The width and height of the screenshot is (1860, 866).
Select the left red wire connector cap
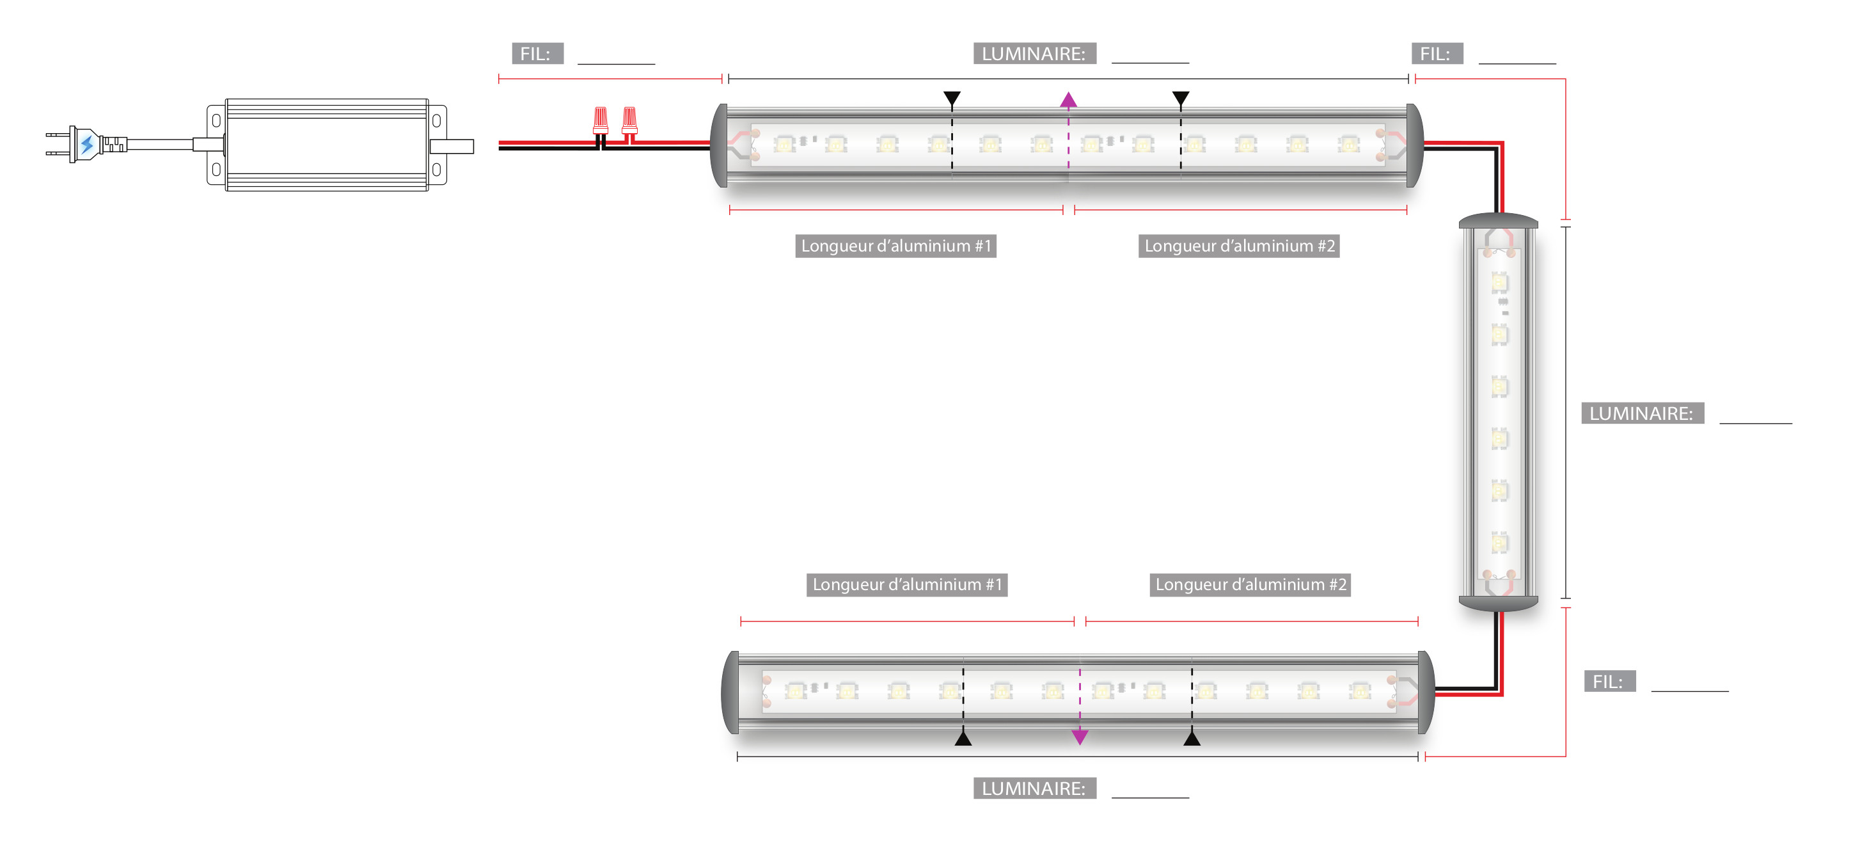pos(600,120)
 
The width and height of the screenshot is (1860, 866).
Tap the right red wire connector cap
pos(629,120)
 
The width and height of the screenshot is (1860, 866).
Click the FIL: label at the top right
pos(1436,54)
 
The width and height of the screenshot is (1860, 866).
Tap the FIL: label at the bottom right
pos(1609,681)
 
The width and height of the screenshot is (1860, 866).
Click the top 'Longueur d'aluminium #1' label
pos(895,246)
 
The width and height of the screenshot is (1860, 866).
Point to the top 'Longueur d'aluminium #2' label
pos(1238,246)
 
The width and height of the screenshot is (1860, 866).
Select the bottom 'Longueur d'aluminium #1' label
pos(907,584)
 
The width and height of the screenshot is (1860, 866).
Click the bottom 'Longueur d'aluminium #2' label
pos(1250,584)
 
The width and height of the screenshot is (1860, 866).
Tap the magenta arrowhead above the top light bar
pos(1069,100)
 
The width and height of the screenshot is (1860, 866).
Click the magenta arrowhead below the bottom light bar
pos(1080,737)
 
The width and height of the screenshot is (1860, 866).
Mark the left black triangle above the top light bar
pos(952,98)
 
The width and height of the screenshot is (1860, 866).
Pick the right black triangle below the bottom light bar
pos(1192,738)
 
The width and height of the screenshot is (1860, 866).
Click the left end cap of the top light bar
pos(719,145)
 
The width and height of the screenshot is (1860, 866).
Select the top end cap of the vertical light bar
pos(1498,221)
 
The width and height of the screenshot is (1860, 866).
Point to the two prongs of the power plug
pos(56,144)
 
